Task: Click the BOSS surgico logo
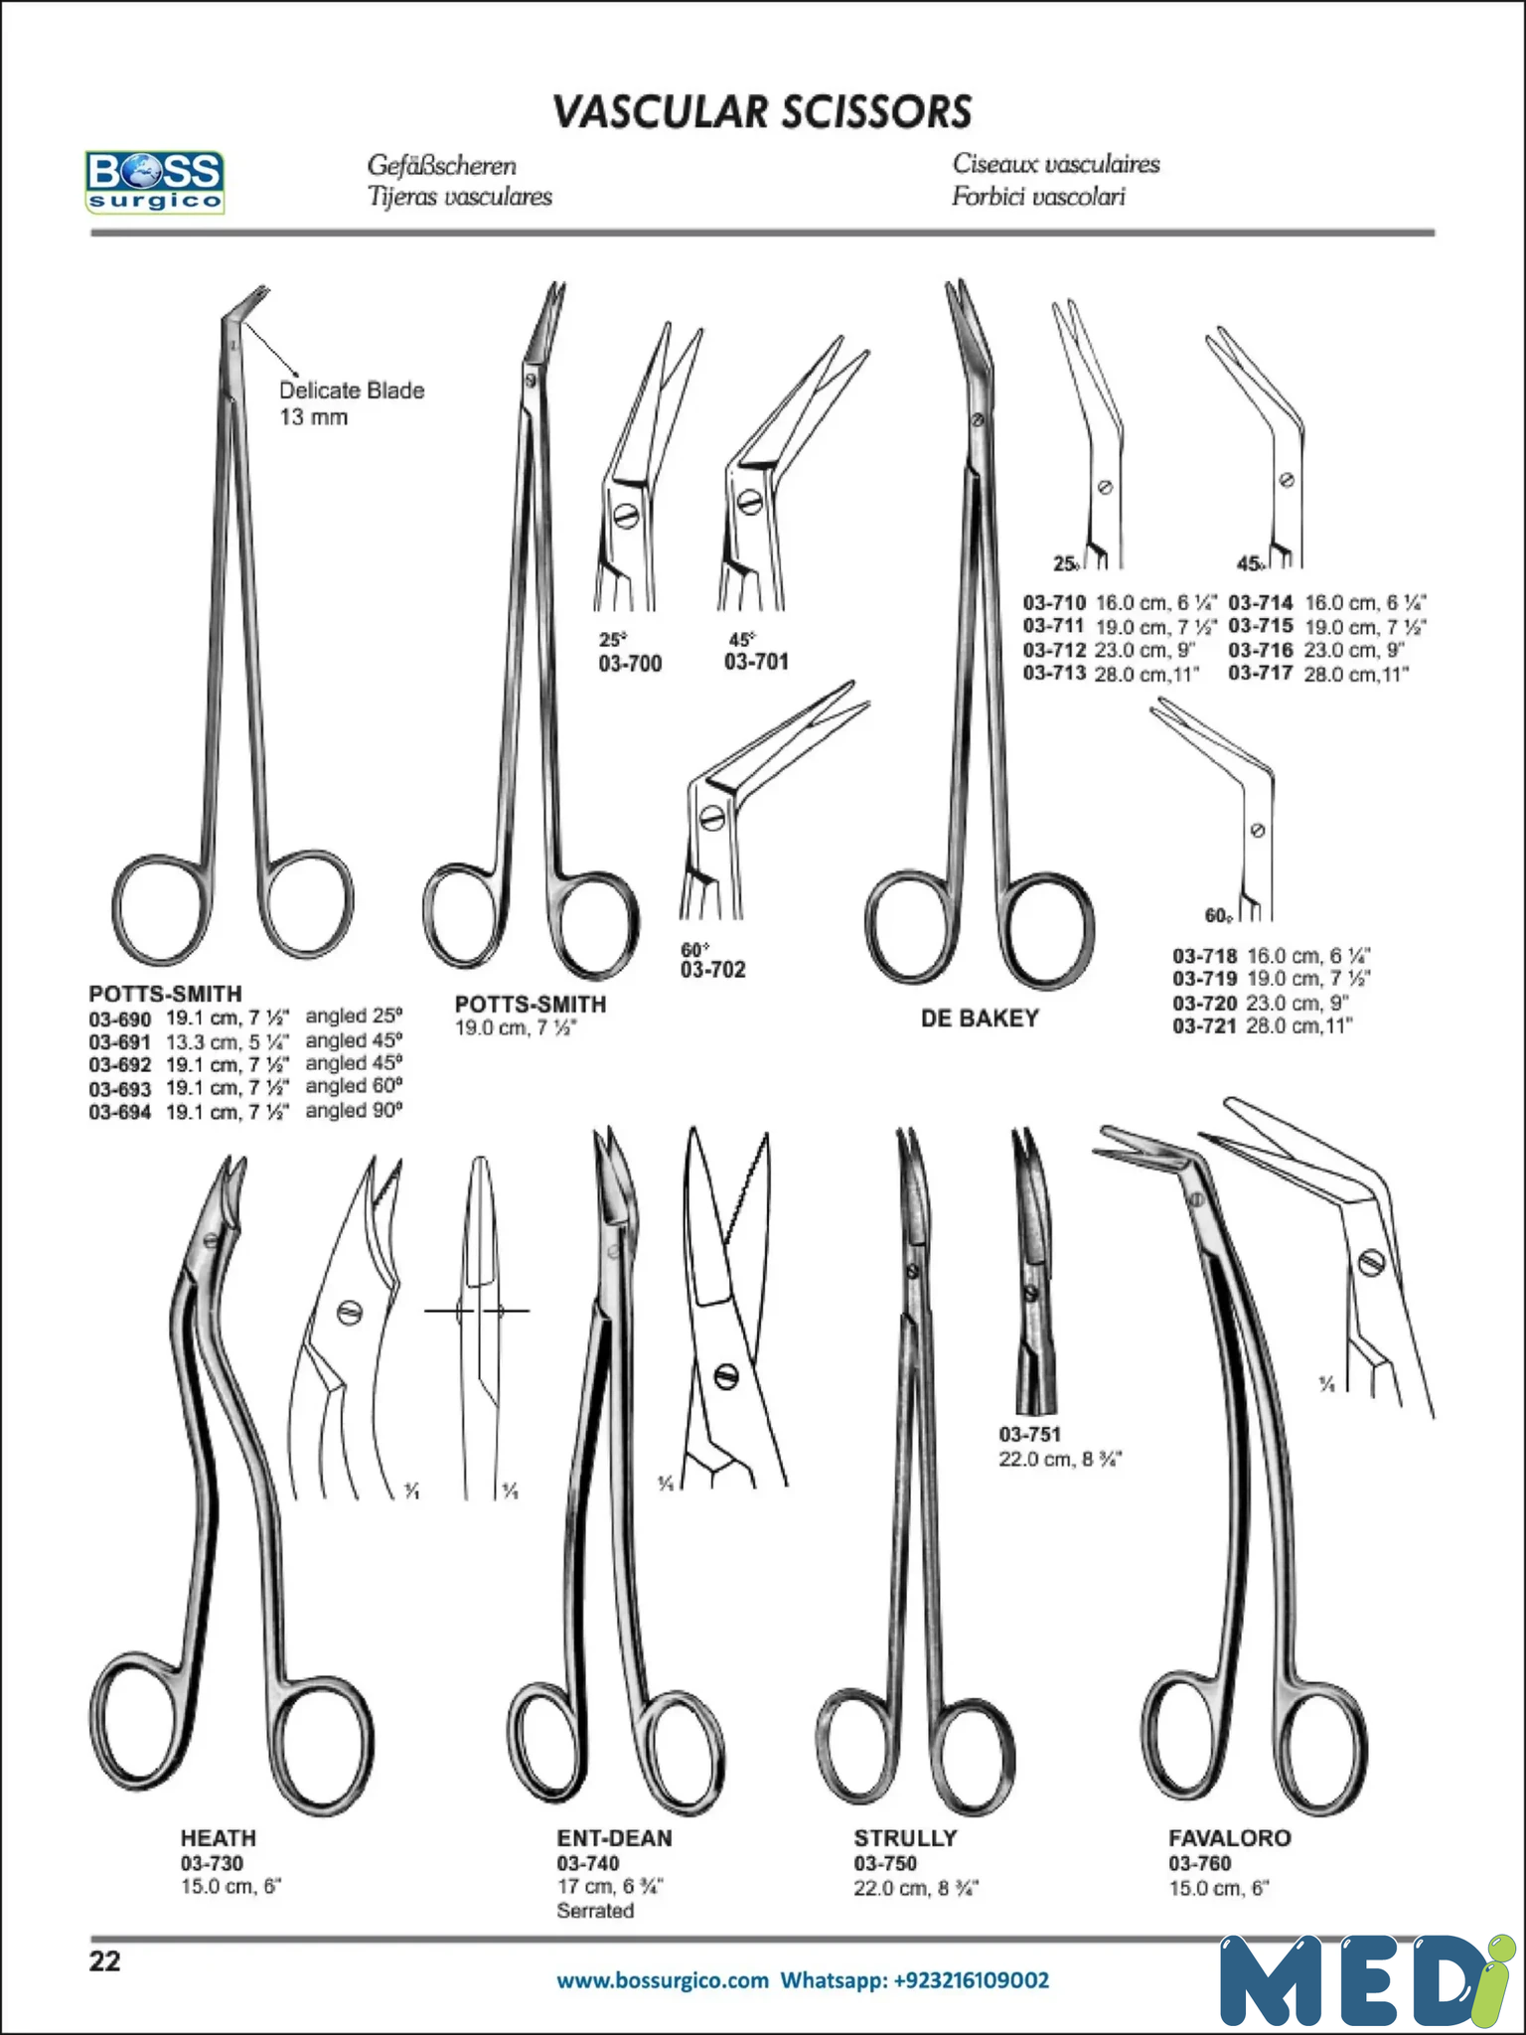pyautogui.click(x=154, y=181)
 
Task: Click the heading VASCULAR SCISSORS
pyautogui.click(x=762, y=112)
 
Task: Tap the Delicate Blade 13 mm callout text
pyautogui.click(x=352, y=403)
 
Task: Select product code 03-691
pyautogui.click(x=120, y=1041)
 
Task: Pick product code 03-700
pyautogui.click(x=630, y=664)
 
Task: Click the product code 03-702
pyautogui.click(x=712, y=970)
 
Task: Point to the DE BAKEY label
pyautogui.click(x=980, y=1018)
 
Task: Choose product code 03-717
pyautogui.click(x=1261, y=674)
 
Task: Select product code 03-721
pyautogui.click(x=1205, y=1026)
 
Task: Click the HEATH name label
pyautogui.click(x=219, y=1838)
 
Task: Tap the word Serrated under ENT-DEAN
pyautogui.click(x=595, y=1911)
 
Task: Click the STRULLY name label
pyautogui.click(x=905, y=1838)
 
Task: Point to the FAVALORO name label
pyautogui.click(x=1230, y=1838)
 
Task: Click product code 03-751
pyautogui.click(x=1030, y=1435)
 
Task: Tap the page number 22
pyautogui.click(x=104, y=1961)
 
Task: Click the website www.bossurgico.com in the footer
pyautogui.click(x=663, y=1980)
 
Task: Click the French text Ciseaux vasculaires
pyautogui.click(x=1056, y=164)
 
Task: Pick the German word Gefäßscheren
pyautogui.click(x=442, y=165)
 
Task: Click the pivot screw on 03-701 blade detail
pyautogui.click(x=751, y=502)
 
